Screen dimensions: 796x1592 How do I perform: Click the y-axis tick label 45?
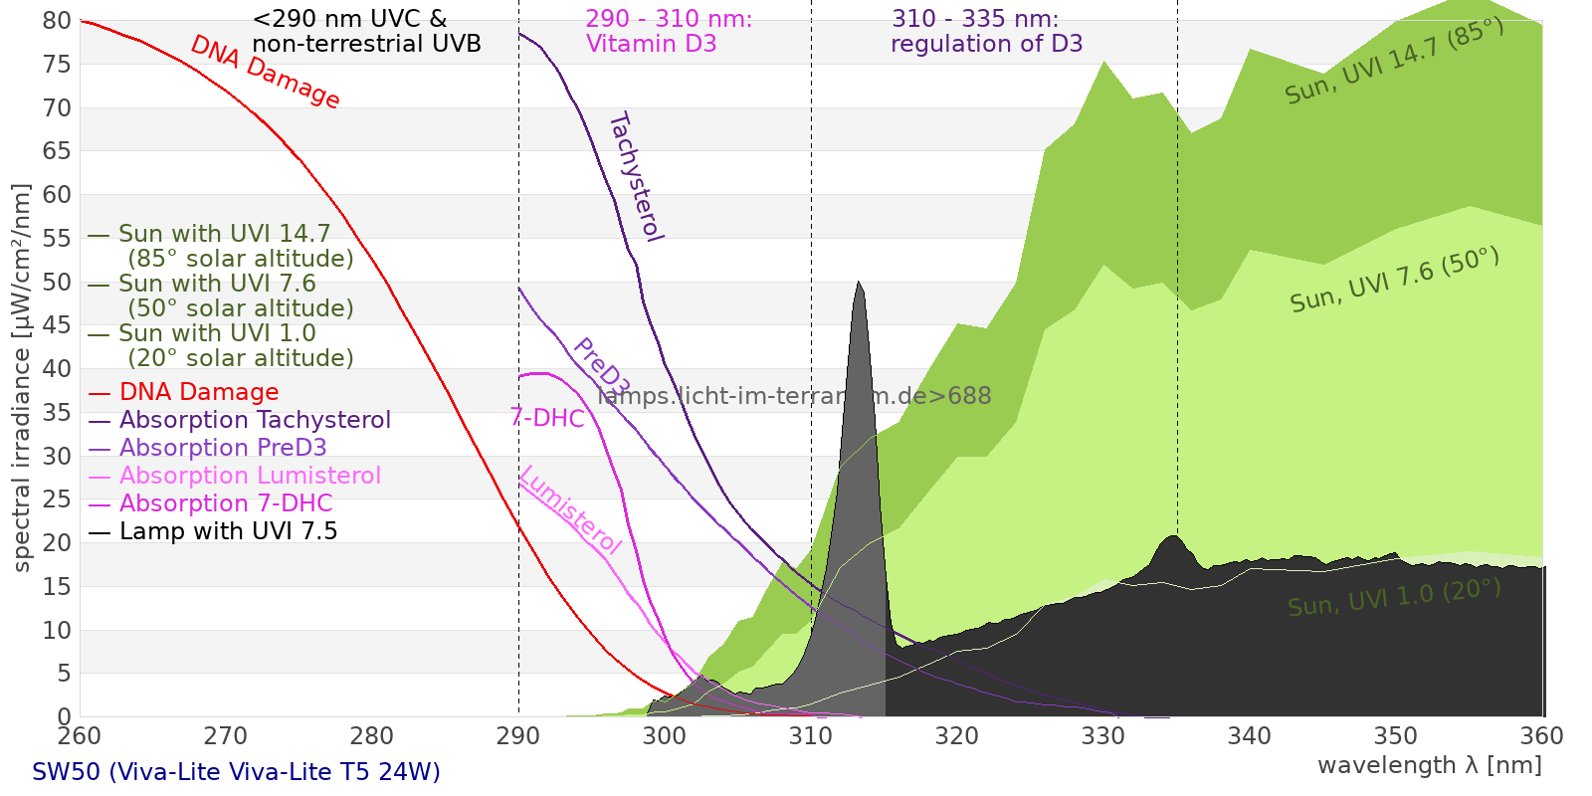[x=58, y=325]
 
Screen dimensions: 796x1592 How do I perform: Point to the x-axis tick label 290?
[x=518, y=736]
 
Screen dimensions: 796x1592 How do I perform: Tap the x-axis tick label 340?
[x=1250, y=736]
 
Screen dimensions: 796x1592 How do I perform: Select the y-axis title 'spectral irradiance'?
[x=22, y=378]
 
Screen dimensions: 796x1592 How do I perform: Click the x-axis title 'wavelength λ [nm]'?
[x=1429, y=765]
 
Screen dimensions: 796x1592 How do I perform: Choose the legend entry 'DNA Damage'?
[x=199, y=392]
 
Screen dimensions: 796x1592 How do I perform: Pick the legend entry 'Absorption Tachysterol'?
[x=255, y=420]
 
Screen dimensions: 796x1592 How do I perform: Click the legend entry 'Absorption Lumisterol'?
[x=250, y=476]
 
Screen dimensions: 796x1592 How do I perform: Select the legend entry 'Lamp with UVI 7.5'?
[x=228, y=531]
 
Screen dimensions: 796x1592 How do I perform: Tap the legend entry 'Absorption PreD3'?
[x=223, y=448]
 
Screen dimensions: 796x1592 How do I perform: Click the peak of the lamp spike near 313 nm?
[x=859, y=284]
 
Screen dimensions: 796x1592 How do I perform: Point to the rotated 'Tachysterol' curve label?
[x=636, y=177]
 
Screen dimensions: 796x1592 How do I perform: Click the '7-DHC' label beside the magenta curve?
[x=547, y=418]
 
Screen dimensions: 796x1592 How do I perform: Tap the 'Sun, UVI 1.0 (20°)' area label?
[x=1394, y=598]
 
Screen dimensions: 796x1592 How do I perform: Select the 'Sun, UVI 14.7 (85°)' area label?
[x=1394, y=62]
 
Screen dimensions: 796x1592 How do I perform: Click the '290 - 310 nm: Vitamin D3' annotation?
[x=669, y=32]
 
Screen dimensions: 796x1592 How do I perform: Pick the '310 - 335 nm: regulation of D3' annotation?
[x=986, y=32]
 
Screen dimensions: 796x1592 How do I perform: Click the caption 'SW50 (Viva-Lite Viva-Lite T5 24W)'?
[x=236, y=772]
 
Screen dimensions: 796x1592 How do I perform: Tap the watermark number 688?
[x=969, y=396]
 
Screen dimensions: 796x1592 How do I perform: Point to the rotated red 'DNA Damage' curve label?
[x=265, y=72]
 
